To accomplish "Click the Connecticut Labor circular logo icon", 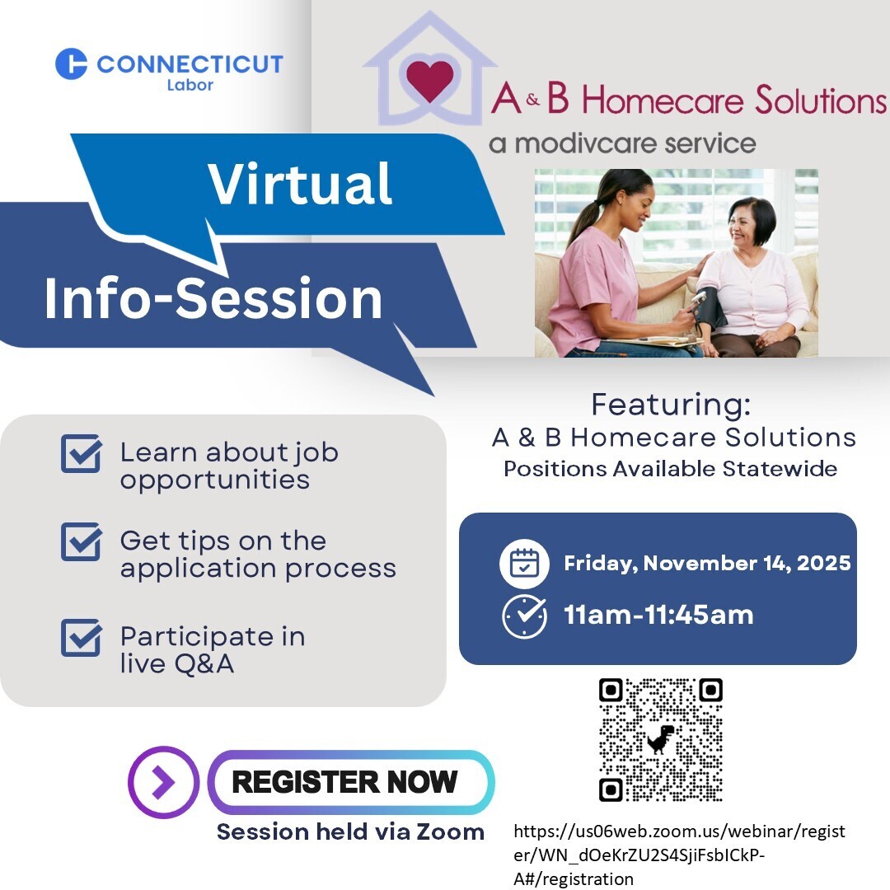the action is pyautogui.click(x=72, y=63).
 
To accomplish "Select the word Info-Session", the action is pyautogui.click(x=213, y=298).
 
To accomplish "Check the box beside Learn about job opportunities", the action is pyautogui.click(x=82, y=453).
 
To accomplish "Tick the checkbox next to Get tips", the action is pyautogui.click(x=82, y=541).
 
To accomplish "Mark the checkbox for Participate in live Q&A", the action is pyautogui.click(x=82, y=637).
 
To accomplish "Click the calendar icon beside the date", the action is pyautogui.click(x=524, y=563).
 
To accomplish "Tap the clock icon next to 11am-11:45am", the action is pyautogui.click(x=524, y=616).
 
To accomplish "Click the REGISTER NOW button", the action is pyautogui.click(x=351, y=781).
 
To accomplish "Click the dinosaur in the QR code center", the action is pyautogui.click(x=661, y=739).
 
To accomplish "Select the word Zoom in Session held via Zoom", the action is pyautogui.click(x=450, y=831).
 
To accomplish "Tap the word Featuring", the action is pyautogui.click(x=671, y=405).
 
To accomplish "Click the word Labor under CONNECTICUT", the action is pyautogui.click(x=190, y=85).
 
